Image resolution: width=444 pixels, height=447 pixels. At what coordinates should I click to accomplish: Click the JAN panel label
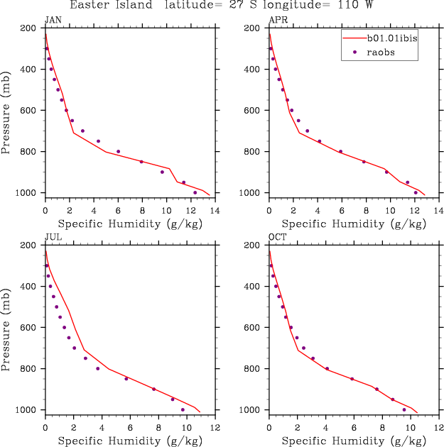click(52, 19)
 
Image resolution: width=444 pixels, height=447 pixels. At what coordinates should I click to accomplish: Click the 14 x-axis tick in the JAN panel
click(215, 211)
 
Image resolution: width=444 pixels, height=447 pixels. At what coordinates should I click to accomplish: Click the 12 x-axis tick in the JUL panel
click(215, 428)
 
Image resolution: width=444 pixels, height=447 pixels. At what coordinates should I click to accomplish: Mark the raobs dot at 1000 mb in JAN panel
click(195, 192)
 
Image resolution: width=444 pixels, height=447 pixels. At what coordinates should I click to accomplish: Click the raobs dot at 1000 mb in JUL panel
click(183, 409)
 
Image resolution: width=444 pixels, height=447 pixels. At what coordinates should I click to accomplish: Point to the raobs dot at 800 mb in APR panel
click(340, 151)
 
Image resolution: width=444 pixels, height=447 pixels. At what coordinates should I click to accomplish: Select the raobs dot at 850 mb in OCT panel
click(352, 378)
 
